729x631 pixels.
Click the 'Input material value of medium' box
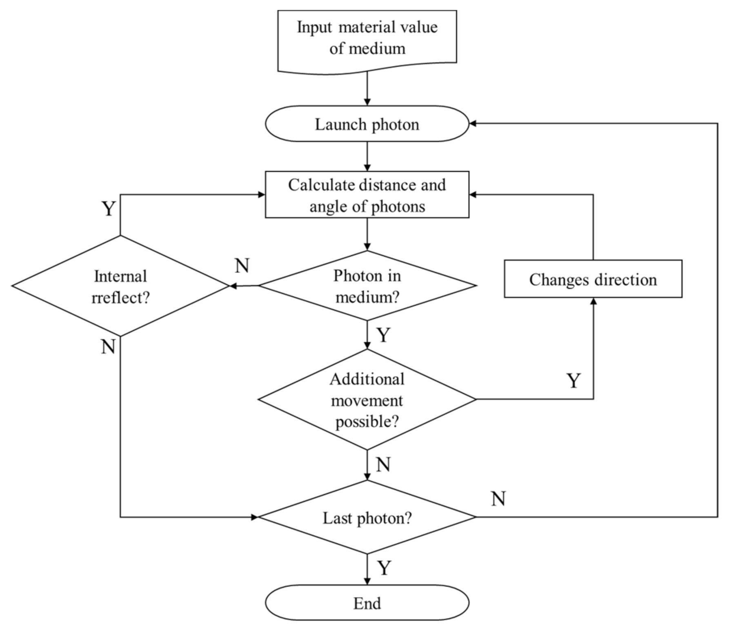coord(367,39)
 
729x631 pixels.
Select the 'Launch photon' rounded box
coord(367,124)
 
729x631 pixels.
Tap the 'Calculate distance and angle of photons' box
coord(367,195)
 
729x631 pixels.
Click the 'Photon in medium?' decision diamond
coord(367,286)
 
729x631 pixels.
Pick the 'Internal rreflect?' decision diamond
coord(120,286)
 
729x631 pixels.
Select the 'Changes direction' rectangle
coord(593,279)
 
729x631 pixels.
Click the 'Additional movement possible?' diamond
coord(367,400)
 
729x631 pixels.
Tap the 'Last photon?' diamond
coord(367,518)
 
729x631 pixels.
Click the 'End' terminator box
coord(367,603)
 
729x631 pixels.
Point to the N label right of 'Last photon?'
coord(498,499)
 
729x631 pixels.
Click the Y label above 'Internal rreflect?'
coord(108,209)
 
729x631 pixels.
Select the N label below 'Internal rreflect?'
coord(108,347)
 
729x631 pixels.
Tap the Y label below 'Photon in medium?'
coord(384,335)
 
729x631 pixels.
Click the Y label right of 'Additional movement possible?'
coord(573,381)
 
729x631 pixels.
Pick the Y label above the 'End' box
coord(384,568)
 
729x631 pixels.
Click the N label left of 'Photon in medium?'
coord(242,266)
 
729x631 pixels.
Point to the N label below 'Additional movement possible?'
coord(383,464)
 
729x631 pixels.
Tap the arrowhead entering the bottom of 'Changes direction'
coord(593,301)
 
